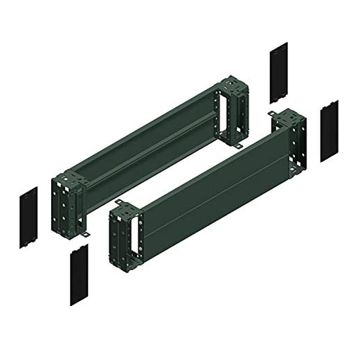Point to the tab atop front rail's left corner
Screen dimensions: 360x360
pos(118,203)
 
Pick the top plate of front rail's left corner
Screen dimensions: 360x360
pos(127,209)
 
